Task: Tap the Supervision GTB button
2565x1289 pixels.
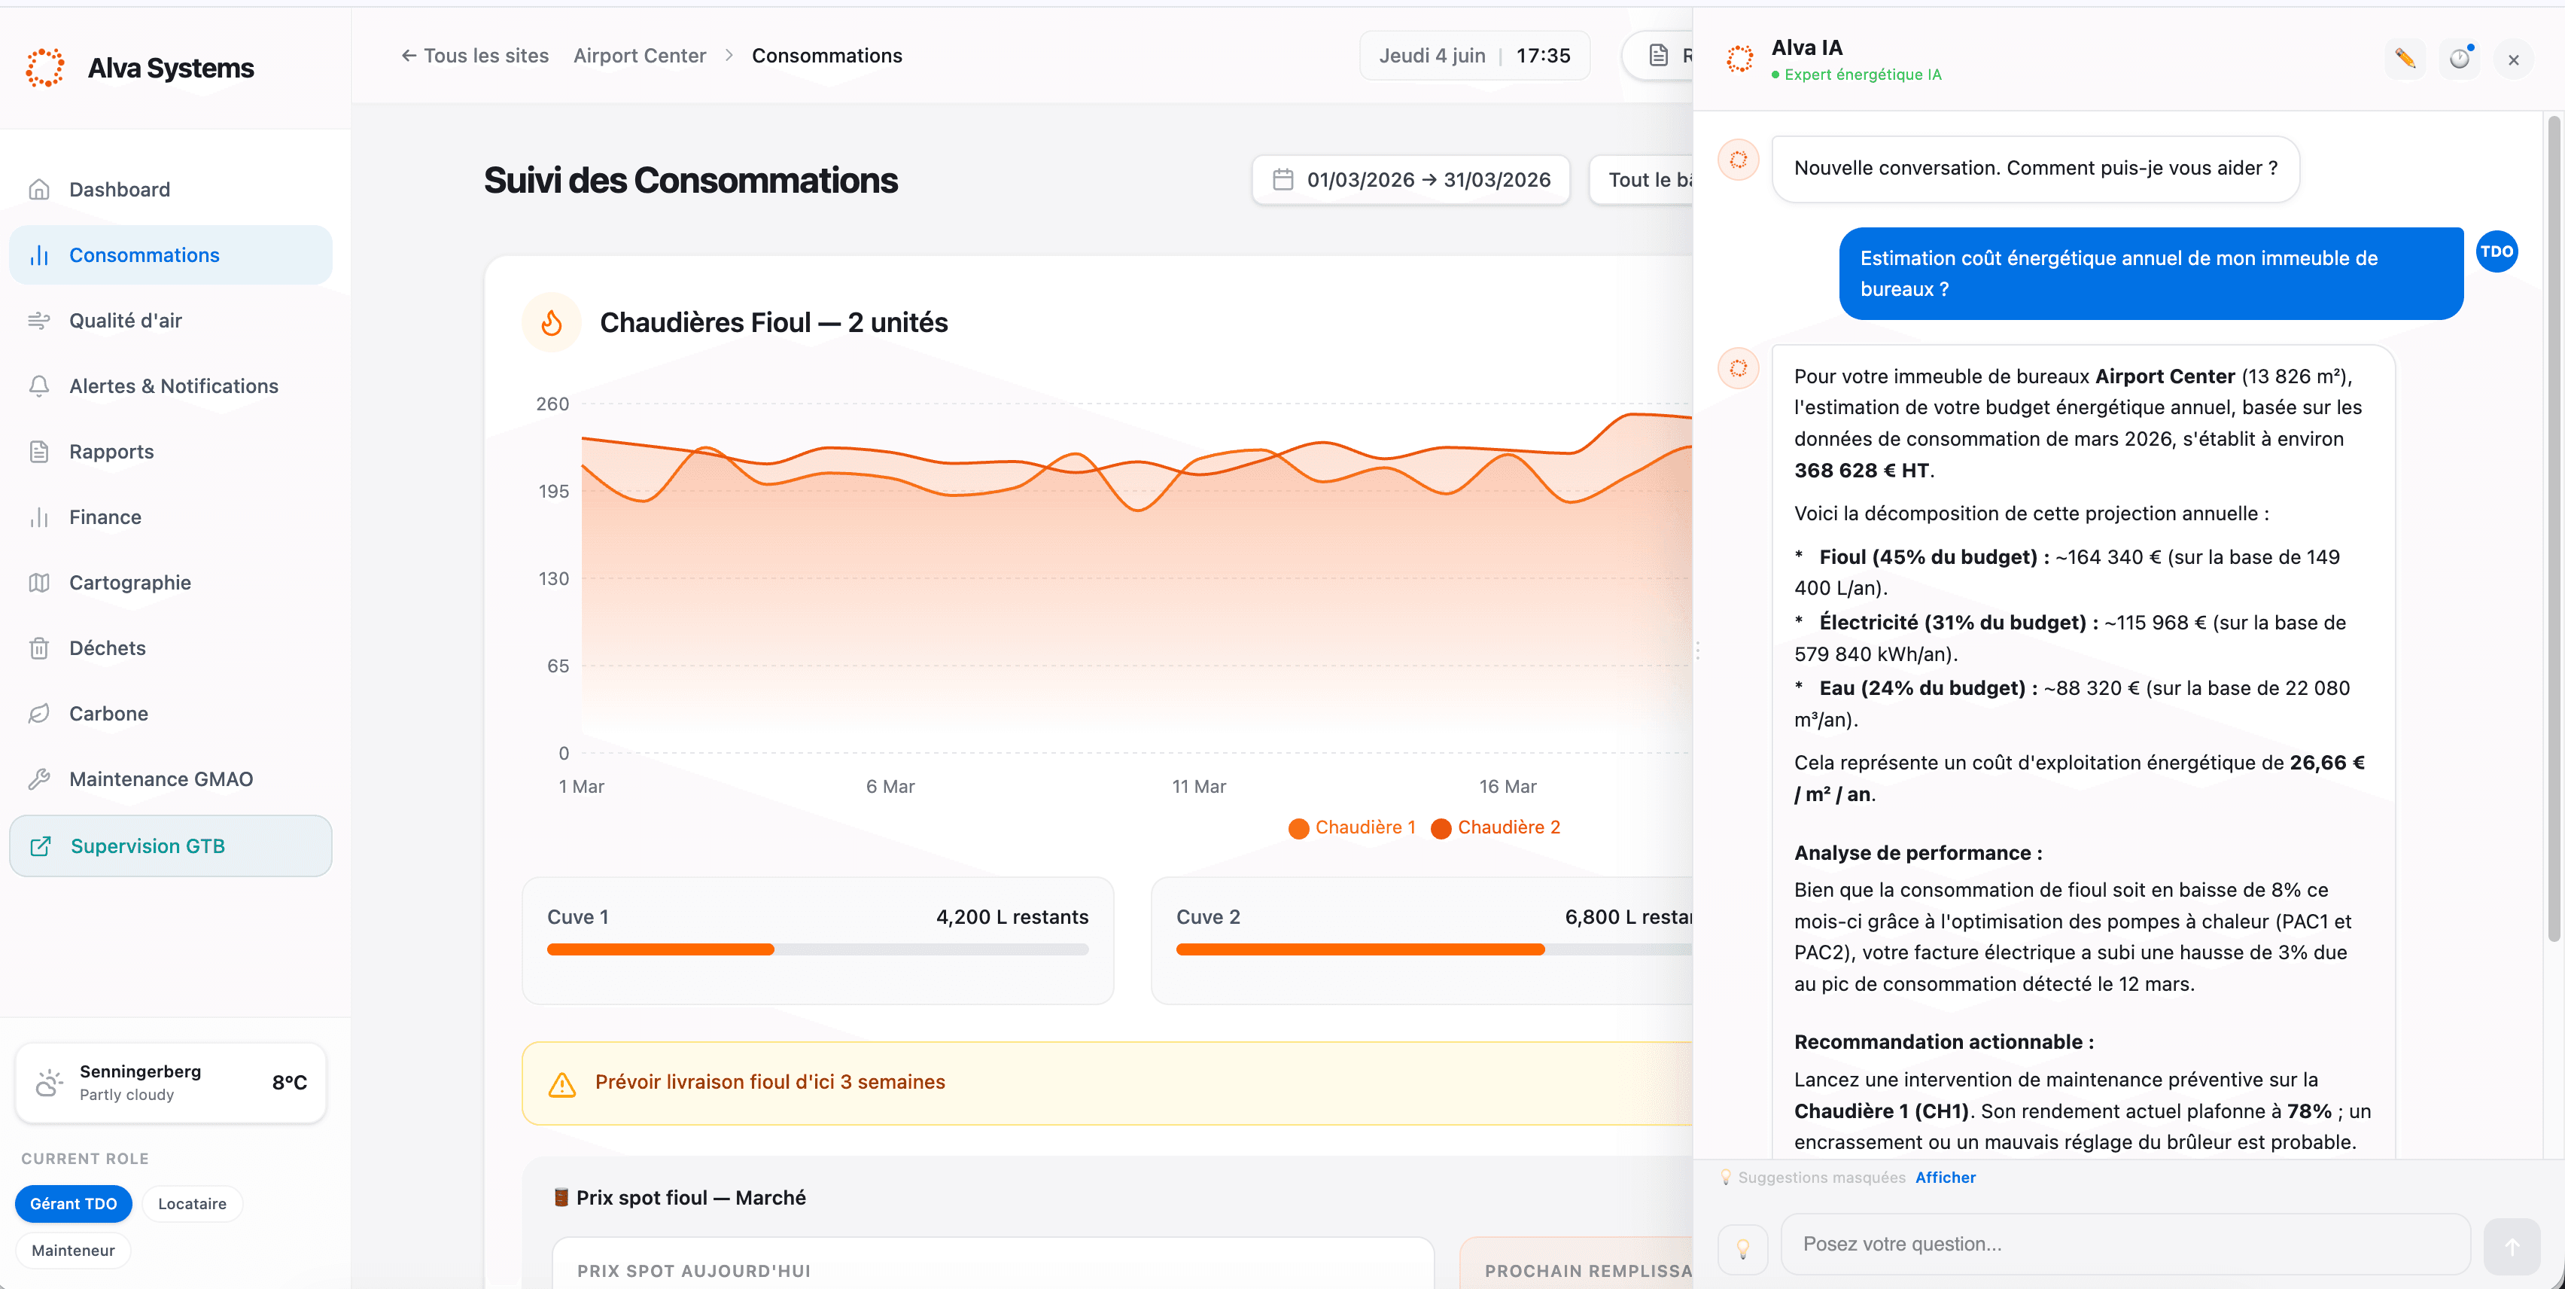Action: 170,846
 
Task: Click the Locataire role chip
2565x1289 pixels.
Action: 192,1203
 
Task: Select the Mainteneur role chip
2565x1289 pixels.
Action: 73,1250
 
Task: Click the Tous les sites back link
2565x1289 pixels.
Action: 475,56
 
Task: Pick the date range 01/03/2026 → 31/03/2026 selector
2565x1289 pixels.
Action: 1411,180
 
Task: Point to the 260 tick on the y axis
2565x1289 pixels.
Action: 552,404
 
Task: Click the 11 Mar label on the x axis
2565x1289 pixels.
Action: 1199,787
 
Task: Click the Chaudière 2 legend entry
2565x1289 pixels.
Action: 1495,827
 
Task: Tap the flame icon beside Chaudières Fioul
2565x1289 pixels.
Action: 552,323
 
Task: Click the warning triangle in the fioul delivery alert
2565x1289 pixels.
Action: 562,1083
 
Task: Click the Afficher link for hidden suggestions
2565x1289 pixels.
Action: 1946,1178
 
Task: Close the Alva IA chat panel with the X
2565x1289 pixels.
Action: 2513,59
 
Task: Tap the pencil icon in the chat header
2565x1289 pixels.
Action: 2405,59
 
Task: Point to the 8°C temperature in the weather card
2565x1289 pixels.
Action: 290,1083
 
